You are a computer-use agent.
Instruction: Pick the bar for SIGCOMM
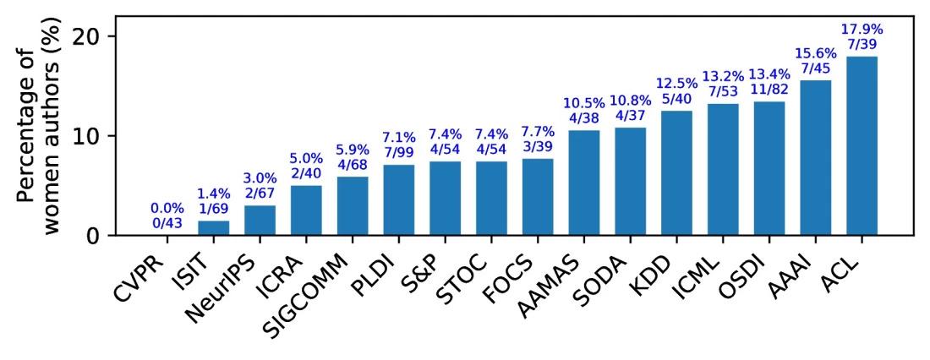point(353,205)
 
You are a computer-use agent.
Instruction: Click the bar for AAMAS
point(584,183)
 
